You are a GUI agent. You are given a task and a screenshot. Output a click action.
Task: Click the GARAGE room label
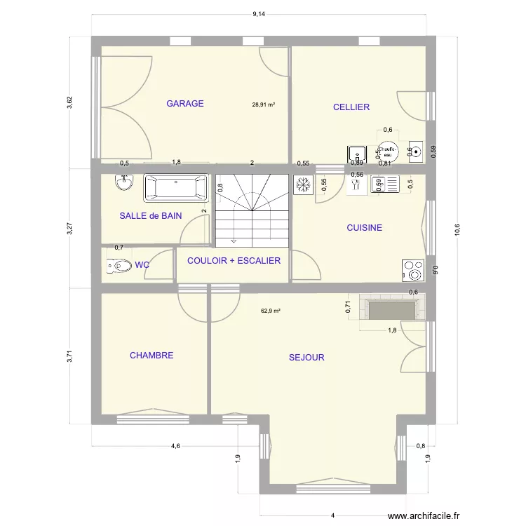(x=185, y=104)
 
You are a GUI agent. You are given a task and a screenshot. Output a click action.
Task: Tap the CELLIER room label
(x=351, y=107)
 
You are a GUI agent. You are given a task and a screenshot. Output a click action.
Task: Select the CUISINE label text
(x=364, y=228)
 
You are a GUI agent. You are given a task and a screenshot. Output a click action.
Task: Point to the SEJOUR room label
(x=306, y=358)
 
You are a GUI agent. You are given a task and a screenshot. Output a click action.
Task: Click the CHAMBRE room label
(x=151, y=356)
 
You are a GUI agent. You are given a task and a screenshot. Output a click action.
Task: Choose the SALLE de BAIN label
(x=150, y=216)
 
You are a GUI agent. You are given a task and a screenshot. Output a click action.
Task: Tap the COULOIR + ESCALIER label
(x=234, y=260)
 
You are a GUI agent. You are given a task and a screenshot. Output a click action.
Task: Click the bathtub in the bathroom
(x=176, y=188)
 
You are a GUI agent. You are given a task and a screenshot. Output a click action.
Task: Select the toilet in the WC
(x=120, y=266)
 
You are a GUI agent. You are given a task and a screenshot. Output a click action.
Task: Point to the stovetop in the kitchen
(x=412, y=269)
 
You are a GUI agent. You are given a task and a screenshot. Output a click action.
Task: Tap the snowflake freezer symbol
(x=303, y=185)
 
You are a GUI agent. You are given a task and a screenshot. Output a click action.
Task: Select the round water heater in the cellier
(x=387, y=151)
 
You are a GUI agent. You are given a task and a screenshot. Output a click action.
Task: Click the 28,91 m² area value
(x=264, y=105)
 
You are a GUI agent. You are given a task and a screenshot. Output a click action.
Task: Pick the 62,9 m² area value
(x=271, y=311)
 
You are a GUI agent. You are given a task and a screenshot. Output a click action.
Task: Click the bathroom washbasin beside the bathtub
(x=124, y=183)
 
